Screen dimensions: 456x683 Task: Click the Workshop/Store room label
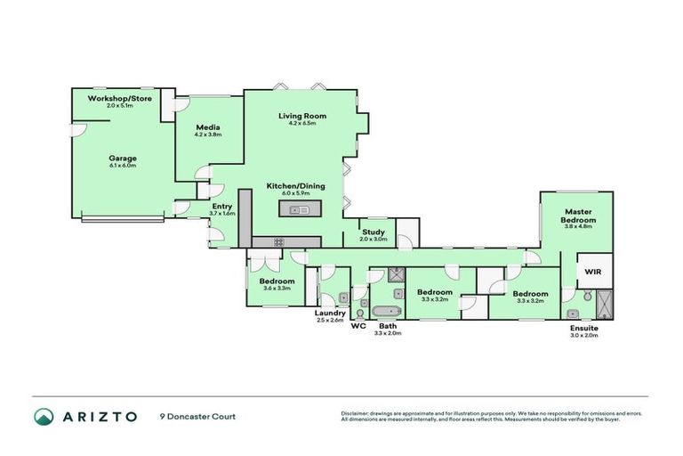click(119, 97)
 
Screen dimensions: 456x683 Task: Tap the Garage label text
click(123, 158)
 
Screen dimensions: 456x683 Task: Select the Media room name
click(207, 127)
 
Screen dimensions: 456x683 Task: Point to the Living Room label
click(302, 116)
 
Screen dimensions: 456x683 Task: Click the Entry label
click(222, 206)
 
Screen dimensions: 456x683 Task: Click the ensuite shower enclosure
click(604, 304)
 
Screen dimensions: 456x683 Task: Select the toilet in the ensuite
click(575, 312)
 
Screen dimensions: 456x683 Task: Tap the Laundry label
click(330, 313)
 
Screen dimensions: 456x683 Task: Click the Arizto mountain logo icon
click(44, 417)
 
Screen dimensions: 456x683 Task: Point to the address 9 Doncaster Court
click(198, 417)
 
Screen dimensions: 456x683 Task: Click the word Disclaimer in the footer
click(358, 413)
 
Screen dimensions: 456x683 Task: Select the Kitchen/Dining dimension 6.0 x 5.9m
click(287, 192)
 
